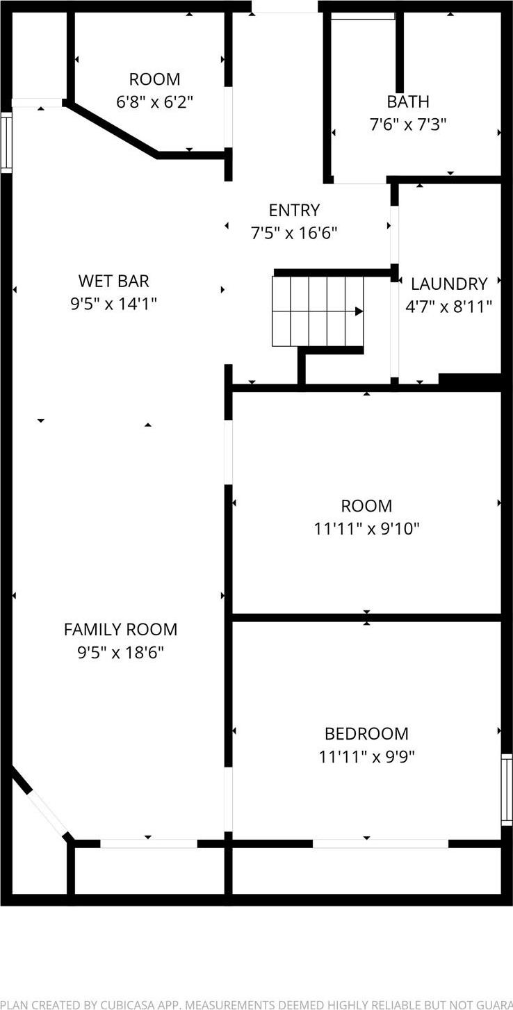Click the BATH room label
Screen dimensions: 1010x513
point(408,101)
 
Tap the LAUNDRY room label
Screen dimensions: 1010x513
point(449,284)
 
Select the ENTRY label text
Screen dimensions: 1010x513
point(294,210)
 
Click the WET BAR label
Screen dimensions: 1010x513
point(113,281)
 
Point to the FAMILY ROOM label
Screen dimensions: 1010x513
point(120,630)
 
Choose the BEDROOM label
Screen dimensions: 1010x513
point(366,733)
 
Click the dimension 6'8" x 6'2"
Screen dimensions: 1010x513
point(154,102)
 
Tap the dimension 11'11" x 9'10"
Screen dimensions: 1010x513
point(366,529)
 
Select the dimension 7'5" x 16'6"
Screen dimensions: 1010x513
point(294,233)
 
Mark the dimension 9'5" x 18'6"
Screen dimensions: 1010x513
point(120,653)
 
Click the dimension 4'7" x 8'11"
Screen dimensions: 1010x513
point(449,306)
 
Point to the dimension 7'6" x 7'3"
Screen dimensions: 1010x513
point(408,124)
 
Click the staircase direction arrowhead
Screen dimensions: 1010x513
point(359,311)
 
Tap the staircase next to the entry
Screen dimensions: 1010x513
point(317,311)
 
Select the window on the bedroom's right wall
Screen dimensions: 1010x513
point(507,789)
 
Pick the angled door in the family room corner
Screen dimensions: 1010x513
point(47,812)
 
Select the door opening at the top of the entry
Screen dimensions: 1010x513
point(284,6)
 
